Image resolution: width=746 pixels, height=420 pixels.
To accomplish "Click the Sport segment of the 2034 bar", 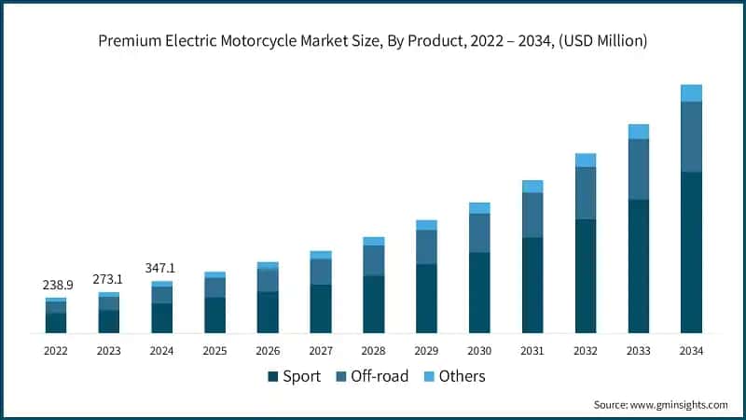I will (x=691, y=252).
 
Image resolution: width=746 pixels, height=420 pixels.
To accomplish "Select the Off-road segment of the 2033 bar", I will (x=638, y=169).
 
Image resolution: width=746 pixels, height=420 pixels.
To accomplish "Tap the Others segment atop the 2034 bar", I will (x=691, y=92).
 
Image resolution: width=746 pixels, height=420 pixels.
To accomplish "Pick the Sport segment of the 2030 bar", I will (x=479, y=292).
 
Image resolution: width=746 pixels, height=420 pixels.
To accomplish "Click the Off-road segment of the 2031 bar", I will (x=532, y=215).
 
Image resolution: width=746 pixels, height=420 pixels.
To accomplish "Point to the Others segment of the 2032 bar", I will (x=586, y=161).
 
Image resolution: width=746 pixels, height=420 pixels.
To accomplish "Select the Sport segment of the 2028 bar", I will (x=373, y=304).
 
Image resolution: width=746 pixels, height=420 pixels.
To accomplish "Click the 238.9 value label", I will (x=56, y=285).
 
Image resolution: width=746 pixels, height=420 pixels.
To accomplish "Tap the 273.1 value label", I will (x=109, y=278).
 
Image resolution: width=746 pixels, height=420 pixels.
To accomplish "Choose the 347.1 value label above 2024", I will (x=161, y=268).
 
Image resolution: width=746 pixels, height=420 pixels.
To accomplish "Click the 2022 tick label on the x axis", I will (x=56, y=351).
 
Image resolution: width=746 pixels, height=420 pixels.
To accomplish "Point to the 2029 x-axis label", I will (x=426, y=351).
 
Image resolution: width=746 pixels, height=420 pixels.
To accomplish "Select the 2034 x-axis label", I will (x=691, y=351).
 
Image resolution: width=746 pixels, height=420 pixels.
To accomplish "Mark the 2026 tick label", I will (x=268, y=351).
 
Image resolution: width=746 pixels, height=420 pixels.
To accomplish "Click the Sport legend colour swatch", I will (x=273, y=377).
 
